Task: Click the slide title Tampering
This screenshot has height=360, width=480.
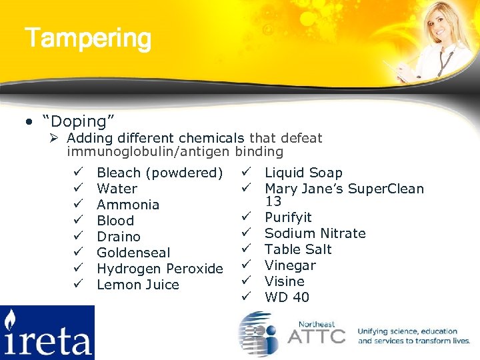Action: [x=88, y=39]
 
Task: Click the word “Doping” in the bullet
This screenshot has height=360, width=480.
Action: [x=79, y=121]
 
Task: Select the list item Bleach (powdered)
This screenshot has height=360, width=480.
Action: [x=160, y=173]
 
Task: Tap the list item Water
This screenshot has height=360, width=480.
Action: [x=117, y=189]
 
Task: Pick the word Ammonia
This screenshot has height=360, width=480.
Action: [x=128, y=205]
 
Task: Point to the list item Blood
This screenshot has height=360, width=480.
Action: [x=115, y=221]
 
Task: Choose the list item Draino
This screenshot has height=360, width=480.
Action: [x=119, y=237]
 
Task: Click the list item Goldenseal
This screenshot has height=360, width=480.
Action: [x=133, y=253]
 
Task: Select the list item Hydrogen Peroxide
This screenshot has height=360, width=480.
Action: [x=160, y=269]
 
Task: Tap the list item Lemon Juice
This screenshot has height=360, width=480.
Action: [x=138, y=285]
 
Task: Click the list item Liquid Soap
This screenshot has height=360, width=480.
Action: [x=303, y=173]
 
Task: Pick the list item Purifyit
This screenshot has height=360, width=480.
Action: [x=288, y=217]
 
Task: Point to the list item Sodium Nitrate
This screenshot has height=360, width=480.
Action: [x=315, y=233]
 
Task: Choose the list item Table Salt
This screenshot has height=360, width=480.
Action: [x=298, y=249]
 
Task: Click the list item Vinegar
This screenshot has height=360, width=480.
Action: [x=290, y=265]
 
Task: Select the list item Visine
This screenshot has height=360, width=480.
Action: [x=285, y=281]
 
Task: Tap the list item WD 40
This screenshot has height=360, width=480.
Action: [x=287, y=297]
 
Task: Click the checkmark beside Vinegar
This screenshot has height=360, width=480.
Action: [x=246, y=265]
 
